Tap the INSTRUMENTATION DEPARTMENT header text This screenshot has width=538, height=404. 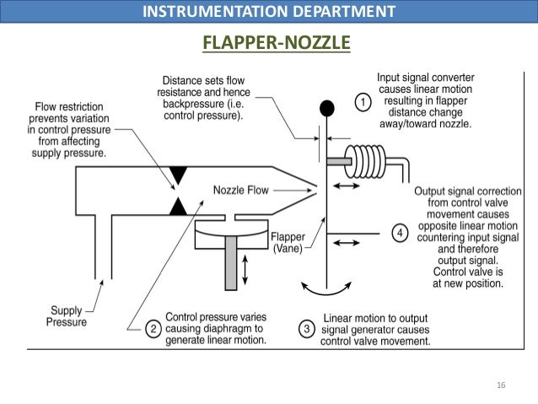coord(269,12)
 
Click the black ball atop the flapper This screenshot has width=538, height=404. coord(327,108)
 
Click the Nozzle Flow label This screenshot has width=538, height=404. coord(241,191)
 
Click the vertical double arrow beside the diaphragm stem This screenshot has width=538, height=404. coord(245,270)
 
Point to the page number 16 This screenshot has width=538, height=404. coord(501,385)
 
